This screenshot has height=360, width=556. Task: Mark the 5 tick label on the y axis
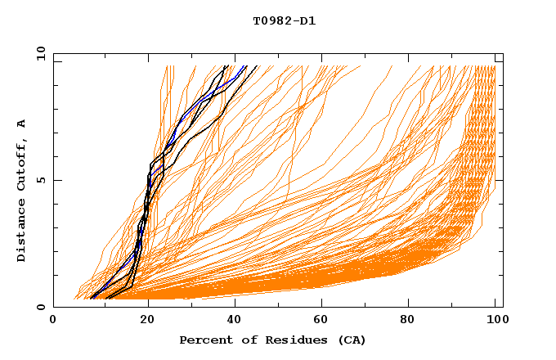(39, 180)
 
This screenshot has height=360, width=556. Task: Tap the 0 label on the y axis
(39, 307)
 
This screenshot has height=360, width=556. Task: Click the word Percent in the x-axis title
(203, 340)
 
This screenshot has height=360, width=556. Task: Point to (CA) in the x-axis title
(352, 340)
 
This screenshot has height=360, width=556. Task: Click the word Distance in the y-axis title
(22, 232)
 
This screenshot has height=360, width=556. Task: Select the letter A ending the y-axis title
(22, 123)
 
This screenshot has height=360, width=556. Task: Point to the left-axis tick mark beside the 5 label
(56, 180)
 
